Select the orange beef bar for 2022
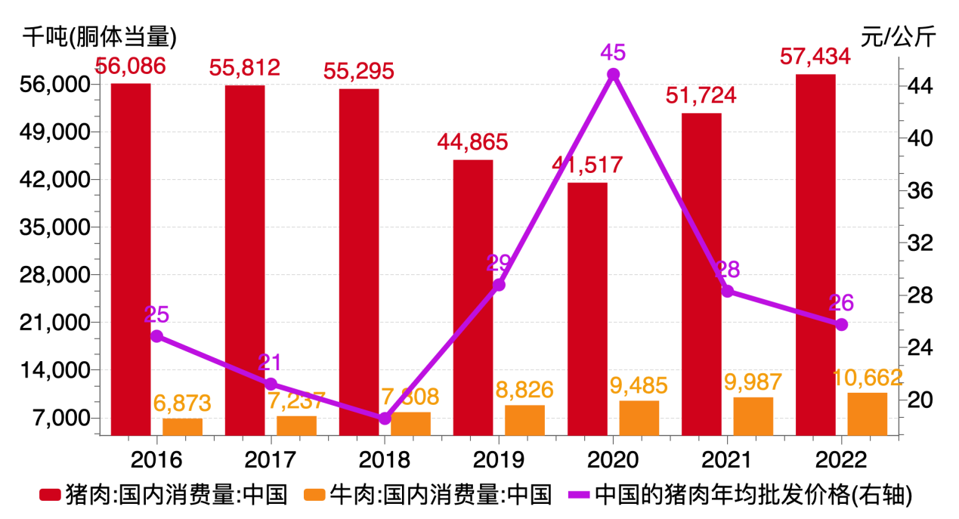[867, 414]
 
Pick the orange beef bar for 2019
[524, 420]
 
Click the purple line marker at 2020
[614, 74]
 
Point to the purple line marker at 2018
[385, 419]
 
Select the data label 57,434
[815, 56]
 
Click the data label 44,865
[473, 141]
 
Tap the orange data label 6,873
[182, 403]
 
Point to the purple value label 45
[613, 52]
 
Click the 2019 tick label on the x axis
[499, 458]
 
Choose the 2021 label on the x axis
[727, 458]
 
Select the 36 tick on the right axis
[918, 191]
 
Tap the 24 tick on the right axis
[918, 348]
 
